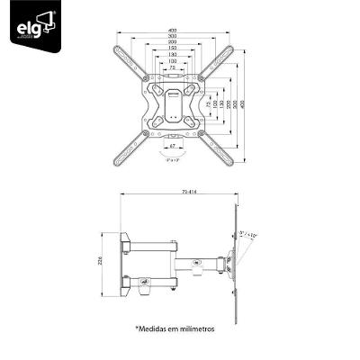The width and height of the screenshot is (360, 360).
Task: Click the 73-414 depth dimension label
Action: [185, 192]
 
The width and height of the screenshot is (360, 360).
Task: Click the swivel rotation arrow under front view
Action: [171, 152]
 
